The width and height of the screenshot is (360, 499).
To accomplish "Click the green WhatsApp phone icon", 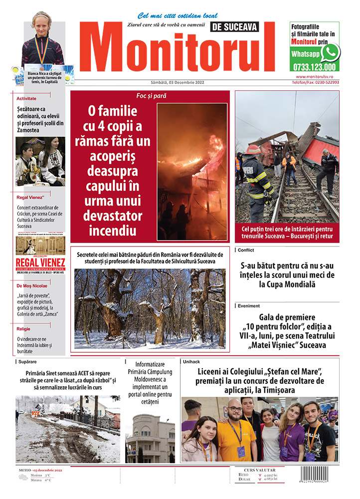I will coord(330,52).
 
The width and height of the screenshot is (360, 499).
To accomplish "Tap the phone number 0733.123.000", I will coord(314,67).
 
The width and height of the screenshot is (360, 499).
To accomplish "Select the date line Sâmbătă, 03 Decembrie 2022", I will coord(177,82).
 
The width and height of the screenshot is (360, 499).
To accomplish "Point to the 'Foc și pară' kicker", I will coord(151,95).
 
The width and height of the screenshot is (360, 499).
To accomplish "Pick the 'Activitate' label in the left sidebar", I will coord(26,99).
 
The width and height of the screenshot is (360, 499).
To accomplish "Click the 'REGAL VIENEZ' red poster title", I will coord(40,262).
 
